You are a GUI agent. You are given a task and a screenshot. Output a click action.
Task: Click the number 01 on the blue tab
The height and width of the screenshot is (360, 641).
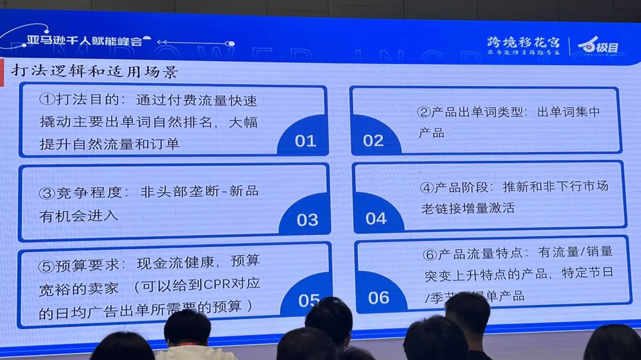pos(305,141)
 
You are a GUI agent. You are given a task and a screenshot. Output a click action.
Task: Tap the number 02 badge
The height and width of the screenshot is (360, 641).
pos(373,141)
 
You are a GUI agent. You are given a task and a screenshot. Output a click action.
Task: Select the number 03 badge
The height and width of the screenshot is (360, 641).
pos(307,220)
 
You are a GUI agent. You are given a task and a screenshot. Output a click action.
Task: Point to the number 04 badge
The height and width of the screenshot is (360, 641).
pos(376,218)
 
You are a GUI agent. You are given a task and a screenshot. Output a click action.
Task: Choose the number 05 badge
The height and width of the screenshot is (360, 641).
pos(309,300)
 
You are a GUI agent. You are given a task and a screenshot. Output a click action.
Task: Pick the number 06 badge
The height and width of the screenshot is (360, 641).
pos(379,297)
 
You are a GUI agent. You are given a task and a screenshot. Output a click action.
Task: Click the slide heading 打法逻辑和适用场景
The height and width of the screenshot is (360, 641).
pos(95,72)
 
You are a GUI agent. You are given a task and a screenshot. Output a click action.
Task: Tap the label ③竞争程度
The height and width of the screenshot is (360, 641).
pos(84,193)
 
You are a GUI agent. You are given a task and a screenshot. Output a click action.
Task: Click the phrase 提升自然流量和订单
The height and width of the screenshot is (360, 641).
pos(109,144)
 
